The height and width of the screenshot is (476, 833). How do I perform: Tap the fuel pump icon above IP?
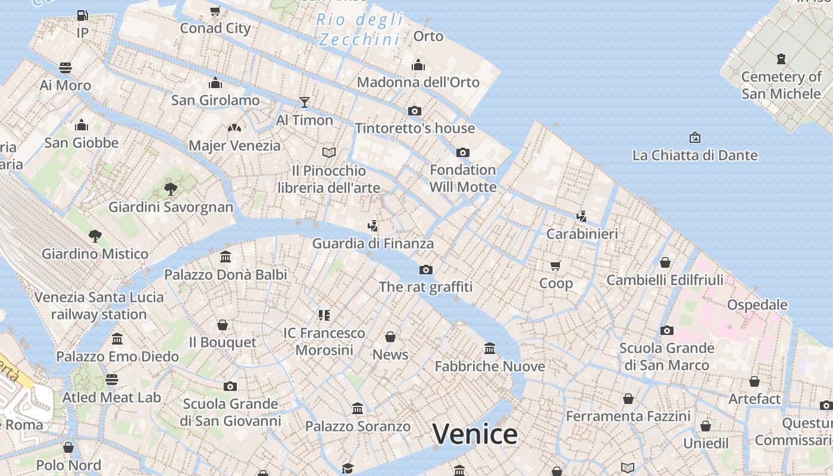point(83,15)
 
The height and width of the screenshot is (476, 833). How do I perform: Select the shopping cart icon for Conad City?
point(215,11)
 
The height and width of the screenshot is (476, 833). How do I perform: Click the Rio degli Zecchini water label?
point(359,30)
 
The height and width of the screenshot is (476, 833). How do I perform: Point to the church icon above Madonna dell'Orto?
point(418,65)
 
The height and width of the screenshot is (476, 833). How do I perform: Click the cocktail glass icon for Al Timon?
point(305,102)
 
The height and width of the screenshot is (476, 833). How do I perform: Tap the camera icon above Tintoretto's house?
point(415,111)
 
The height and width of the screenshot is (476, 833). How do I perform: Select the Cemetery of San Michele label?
point(781,85)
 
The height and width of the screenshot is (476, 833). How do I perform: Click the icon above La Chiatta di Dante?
point(694,138)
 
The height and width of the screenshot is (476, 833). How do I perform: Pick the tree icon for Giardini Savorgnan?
point(171,190)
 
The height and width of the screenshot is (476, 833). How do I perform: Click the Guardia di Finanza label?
point(373,243)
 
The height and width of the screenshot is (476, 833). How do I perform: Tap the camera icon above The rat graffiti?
point(426,270)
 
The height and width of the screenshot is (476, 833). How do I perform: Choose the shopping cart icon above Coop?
point(556,265)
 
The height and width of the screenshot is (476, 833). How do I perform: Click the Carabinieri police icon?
point(582,217)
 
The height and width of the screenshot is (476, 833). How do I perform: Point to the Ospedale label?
point(757,305)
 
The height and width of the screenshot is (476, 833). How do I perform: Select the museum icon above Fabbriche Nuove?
point(490,348)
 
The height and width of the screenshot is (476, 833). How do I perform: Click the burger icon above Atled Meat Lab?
point(112,380)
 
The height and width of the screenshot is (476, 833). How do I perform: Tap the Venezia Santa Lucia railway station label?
point(99,306)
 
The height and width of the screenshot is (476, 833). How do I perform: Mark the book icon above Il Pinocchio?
point(329,153)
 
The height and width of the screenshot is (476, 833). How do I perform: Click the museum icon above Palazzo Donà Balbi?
point(226,257)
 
